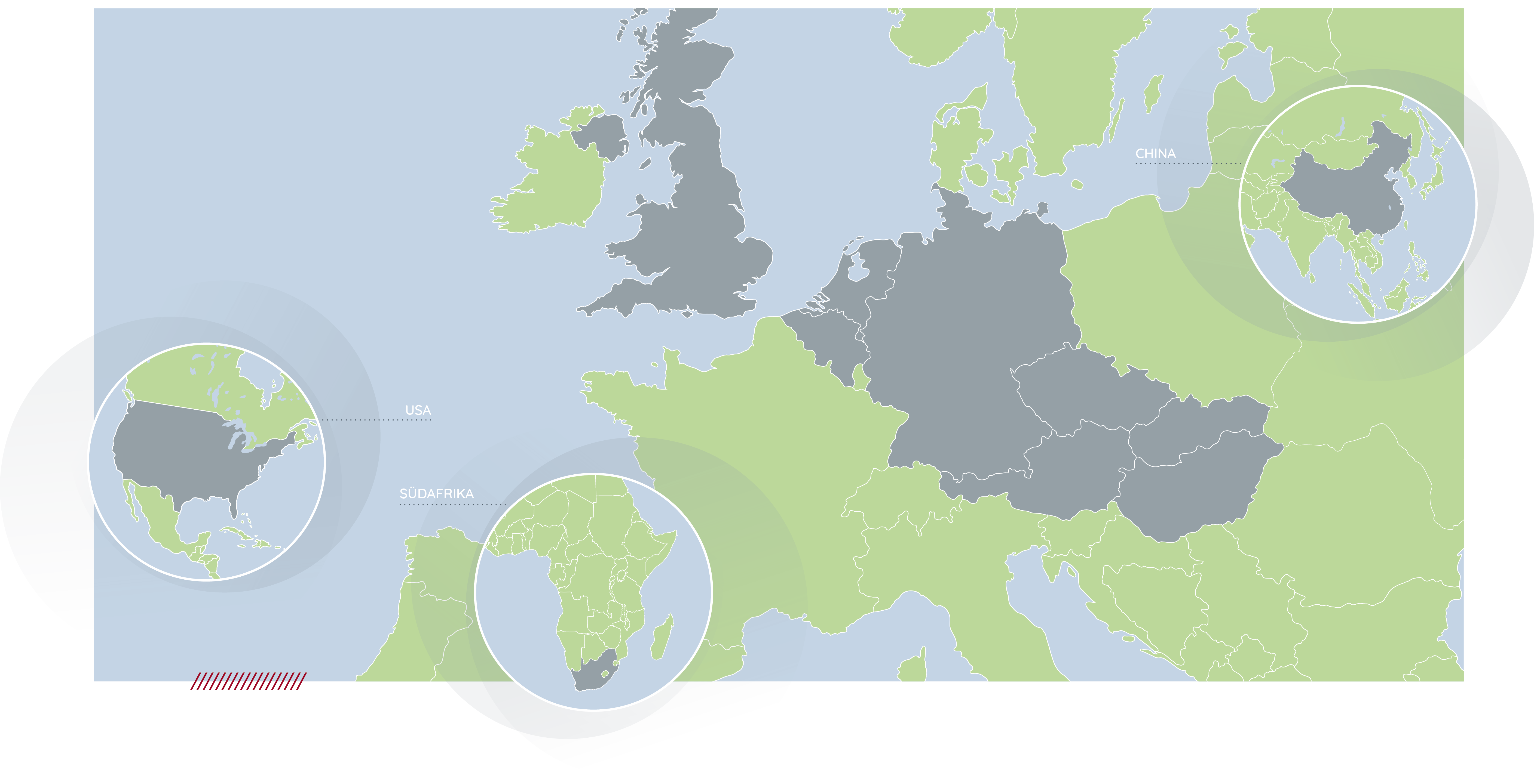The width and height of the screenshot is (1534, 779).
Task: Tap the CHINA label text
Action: [x=1155, y=153]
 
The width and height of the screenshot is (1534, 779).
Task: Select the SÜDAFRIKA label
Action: [x=436, y=493]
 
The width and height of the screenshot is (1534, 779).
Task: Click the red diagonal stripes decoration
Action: [x=248, y=681]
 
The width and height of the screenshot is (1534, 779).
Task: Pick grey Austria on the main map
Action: [x=1072, y=470]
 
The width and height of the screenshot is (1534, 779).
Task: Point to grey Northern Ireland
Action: [x=601, y=134]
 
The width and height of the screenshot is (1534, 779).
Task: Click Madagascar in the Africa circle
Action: [x=662, y=640]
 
